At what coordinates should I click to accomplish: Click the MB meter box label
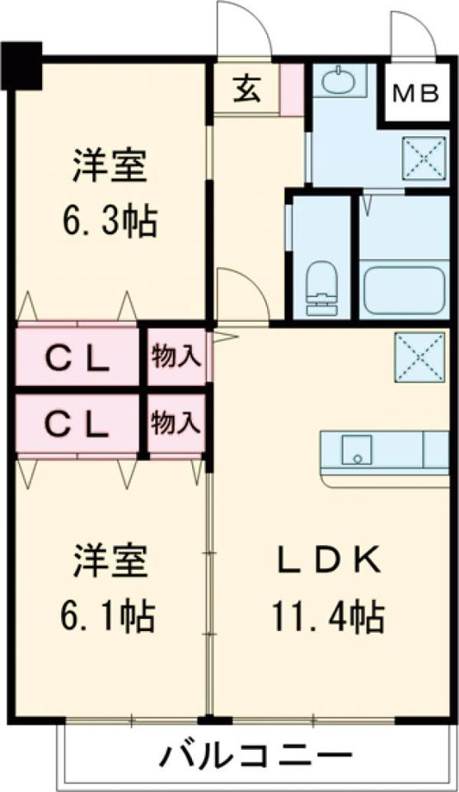[415, 93]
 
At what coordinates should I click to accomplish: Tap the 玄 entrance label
[246, 88]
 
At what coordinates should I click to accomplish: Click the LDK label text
[327, 562]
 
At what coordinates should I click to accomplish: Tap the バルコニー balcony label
[256, 754]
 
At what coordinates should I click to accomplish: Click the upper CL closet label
[77, 358]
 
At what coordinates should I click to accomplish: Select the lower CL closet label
[77, 424]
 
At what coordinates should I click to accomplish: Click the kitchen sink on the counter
[357, 449]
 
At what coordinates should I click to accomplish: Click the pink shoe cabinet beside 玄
[291, 88]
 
